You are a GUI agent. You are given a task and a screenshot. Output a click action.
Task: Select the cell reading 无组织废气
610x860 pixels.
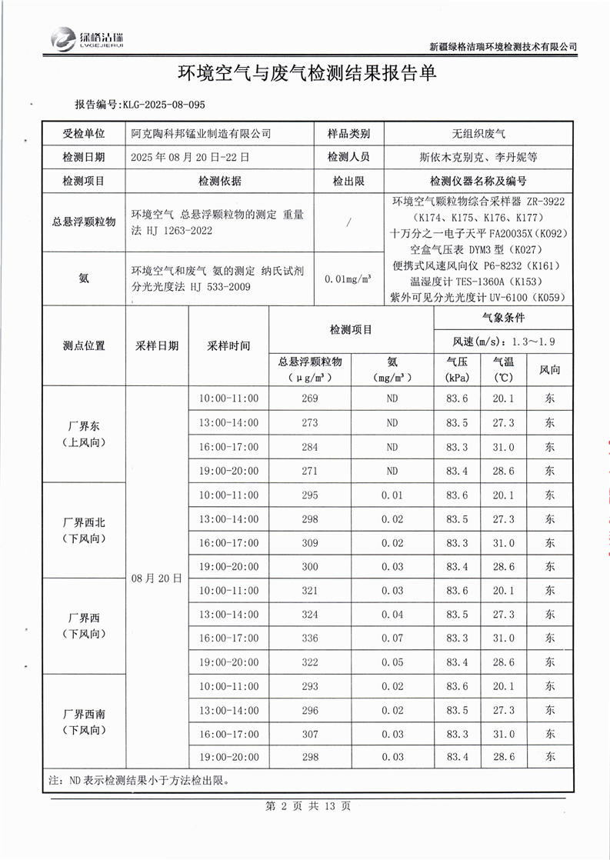[x=478, y=133]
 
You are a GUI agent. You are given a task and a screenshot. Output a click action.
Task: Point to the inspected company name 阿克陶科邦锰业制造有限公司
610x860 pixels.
[x=202, y=133]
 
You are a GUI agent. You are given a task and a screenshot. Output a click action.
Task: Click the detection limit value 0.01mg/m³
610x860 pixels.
[x=348, y=278]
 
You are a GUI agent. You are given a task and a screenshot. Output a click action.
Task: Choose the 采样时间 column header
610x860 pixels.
[x=228, y=346]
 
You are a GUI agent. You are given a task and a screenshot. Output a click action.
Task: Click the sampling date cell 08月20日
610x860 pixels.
[x=157, y=577]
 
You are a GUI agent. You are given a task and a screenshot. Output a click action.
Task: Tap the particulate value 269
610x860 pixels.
[x=310, y=398]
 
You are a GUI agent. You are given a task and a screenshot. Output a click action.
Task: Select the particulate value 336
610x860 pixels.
[x=310, y=638]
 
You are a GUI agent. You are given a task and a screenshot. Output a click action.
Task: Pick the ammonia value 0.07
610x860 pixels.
[x=392, y=638]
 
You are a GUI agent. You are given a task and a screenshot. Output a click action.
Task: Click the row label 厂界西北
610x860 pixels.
[x=84, y=523]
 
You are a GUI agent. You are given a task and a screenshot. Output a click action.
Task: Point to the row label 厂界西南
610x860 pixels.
[x=84, y=715]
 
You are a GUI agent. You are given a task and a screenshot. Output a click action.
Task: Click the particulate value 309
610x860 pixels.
[x=310, y=542]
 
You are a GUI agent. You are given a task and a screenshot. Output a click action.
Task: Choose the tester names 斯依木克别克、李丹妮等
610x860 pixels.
[x=478, y=157]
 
